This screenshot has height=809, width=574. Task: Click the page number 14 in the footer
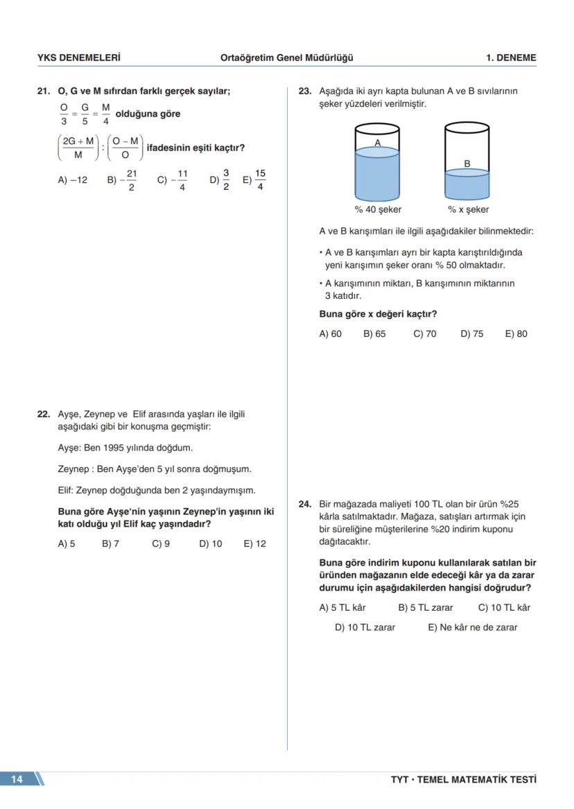(x=17, y=779)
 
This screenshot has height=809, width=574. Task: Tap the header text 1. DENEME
(x=511, y=58)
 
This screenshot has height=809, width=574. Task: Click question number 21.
(x=44, y=91)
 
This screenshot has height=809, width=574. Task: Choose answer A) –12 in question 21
(x=72, y=180)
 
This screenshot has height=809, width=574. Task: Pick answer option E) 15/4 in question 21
(x=254, y=180)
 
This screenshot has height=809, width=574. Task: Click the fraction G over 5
(x=85, y=114)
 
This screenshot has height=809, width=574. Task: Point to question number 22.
(x=44, y=415)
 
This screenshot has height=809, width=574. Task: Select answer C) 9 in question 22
(x=161, y=544)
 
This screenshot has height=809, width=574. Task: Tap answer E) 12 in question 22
(x=254, y=544)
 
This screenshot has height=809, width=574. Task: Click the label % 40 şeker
(x=378, y=209)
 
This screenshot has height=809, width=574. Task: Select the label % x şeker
(x=468, y=209)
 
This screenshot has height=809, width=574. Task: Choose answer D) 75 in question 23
(x=472, y=334)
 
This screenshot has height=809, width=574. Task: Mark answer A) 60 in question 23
(x=330, y=334)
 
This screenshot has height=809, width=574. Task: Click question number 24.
(x=305, y=505)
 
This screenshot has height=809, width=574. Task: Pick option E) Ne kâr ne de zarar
(x=472, y=627)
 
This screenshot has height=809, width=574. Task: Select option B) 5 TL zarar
(x=425, y=608)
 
